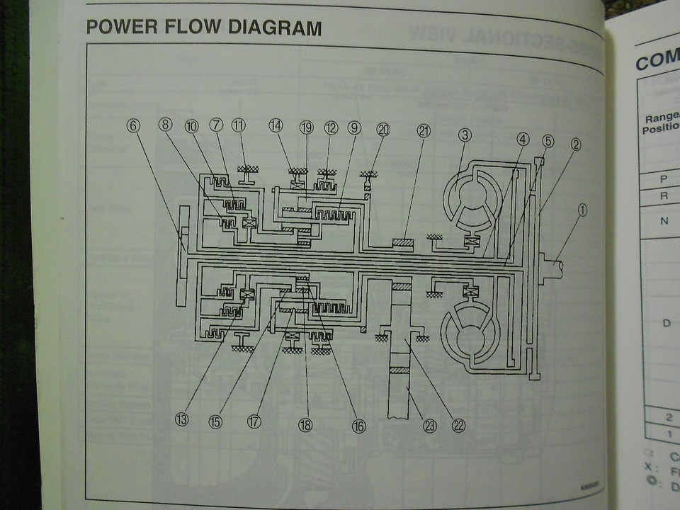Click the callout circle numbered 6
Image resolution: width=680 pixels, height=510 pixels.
point(134,125)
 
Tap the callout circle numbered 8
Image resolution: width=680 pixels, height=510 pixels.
point(165,125)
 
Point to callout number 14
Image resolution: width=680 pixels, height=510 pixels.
point(276,125)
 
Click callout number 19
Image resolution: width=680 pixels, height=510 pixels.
point(306,127)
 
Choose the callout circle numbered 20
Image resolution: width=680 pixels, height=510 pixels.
point(383,130)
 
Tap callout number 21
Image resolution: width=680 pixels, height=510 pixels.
point(424,131)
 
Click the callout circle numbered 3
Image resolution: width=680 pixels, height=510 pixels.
point(465,133)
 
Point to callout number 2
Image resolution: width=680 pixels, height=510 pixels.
point(576,145)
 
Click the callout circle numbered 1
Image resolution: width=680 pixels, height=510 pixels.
point(582,210)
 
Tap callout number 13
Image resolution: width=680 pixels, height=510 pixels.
point(182,419)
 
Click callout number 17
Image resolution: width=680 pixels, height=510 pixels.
point(254,421)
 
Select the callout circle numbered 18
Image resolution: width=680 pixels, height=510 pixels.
point(305,425)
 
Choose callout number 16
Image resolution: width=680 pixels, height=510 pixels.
point(358,426)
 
